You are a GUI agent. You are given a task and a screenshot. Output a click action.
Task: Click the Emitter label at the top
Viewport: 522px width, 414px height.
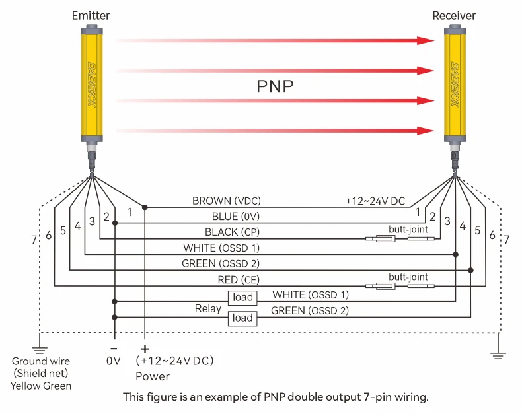(91, 15)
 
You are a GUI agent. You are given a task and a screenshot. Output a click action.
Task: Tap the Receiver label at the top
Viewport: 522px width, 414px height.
(454, 15)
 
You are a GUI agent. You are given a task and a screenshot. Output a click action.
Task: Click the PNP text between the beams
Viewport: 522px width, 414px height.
(274, 87)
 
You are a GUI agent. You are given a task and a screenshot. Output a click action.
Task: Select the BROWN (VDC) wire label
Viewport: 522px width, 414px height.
(222, 201)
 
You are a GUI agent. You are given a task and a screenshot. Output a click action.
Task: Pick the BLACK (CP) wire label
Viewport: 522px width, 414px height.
(231, 232)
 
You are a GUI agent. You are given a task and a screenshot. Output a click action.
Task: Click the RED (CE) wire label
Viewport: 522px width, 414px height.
(237, 280)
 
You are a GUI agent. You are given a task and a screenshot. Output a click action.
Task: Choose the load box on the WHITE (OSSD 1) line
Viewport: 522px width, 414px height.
(242, 297)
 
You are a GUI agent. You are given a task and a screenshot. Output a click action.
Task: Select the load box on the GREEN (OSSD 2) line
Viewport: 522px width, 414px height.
(242, 318)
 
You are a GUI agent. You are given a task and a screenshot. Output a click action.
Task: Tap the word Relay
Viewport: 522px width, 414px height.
(208, 308)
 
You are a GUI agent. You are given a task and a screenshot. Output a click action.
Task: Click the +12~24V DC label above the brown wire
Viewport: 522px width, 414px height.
(375, 201)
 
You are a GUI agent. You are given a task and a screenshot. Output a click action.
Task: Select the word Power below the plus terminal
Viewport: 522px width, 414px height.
(152, 376)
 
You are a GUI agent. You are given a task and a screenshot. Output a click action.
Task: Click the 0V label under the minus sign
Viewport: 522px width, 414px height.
(114, 362)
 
